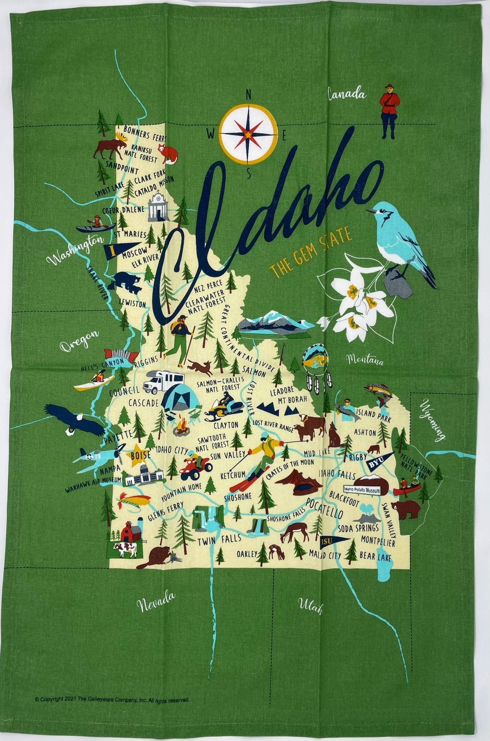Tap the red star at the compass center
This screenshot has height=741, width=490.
(x=249, y=134)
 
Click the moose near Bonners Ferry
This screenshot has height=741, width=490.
(x=110, y=147)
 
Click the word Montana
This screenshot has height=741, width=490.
(x=365, y=360)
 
